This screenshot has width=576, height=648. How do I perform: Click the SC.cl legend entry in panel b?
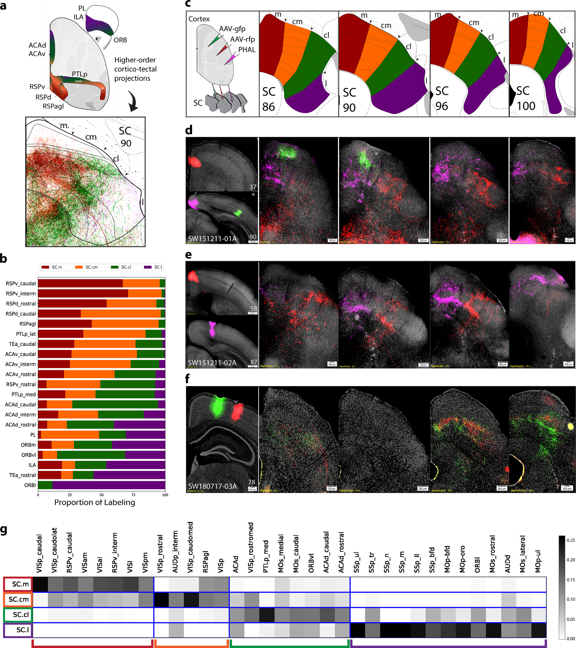pyautogui.click(x=126, y=267)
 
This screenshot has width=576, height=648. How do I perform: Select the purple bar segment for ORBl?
pyautogui.click(x=109, y=485)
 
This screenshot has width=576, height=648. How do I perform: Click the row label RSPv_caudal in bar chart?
pyautogui.click(x=21, y=283)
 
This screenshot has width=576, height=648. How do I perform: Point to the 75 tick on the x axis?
pyautogui.click(x=133, y=495)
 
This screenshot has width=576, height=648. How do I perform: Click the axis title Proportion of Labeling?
pyautogui.click(x=95, y=502)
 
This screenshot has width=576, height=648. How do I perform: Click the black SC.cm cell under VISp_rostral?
pyautogui.click(x=161, y=600)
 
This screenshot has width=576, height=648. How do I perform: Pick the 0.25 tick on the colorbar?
pyautogui.click(x=571, y=540)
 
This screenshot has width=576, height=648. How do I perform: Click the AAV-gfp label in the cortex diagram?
pyautogui.click(x=232, y=29)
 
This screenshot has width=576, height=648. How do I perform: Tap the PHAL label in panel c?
pyautogui.click(x=247, y=50)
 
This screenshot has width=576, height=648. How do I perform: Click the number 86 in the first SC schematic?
pyautogui.click(x=268, y=107)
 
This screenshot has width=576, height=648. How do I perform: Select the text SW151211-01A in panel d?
pyautogui.click(x=212, y=239)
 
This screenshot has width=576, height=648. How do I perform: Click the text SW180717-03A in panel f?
pyautogui.click(x=212, y=486)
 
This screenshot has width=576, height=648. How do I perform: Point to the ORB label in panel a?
pyautogui.click(x=120, y=40)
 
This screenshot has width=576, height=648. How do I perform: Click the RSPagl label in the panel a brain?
pyautogui.click(x=53, y=106)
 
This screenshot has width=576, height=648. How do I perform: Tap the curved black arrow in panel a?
pyautogui.click(x=133, y=101)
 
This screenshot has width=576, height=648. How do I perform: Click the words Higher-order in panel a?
pyautogui.click(x=135, y=60)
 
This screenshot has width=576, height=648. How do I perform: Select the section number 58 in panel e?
pyautogui.click(x=254, y=308)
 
